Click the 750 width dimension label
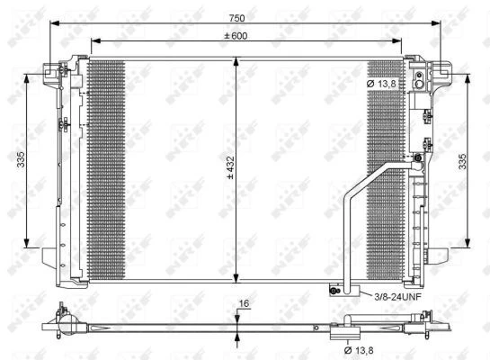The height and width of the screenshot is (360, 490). tap(236, 18)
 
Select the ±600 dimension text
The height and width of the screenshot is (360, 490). tap(236, 36)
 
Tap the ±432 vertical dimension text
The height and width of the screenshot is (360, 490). tap(231, 167)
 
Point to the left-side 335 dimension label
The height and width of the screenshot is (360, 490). tap(21, 159)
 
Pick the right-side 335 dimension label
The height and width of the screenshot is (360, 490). tap(462, 161)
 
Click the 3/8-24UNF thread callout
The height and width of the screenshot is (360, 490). tap(397, 296)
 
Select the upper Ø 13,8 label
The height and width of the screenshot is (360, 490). tap(381, 84)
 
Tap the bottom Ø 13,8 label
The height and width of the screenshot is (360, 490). tap(359, 350)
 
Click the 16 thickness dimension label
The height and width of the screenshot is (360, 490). tap(244, 303)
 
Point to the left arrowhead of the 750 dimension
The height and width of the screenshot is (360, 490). tap(55, 23)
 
